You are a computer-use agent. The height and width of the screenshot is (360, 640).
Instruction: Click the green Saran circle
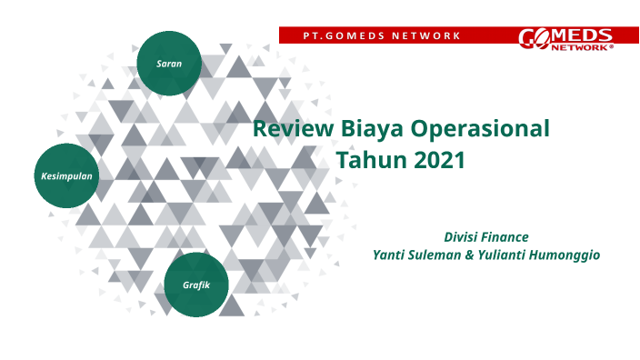[x=169, y=63]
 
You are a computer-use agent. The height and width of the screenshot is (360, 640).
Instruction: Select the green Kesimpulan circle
[x=67, y=175]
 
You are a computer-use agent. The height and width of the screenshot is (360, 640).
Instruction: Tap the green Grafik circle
[x=196, y=285]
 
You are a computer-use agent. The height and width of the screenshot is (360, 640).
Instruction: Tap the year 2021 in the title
[x=438, y=161]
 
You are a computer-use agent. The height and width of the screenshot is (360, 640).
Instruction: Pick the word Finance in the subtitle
[x=505, y=236]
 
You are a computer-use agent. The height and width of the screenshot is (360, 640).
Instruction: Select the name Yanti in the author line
[x=389, y=255]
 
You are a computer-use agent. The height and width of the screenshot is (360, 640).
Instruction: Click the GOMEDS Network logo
[x=566, y=38]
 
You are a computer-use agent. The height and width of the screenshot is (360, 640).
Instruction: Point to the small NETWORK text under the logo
[x=579, y=47]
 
